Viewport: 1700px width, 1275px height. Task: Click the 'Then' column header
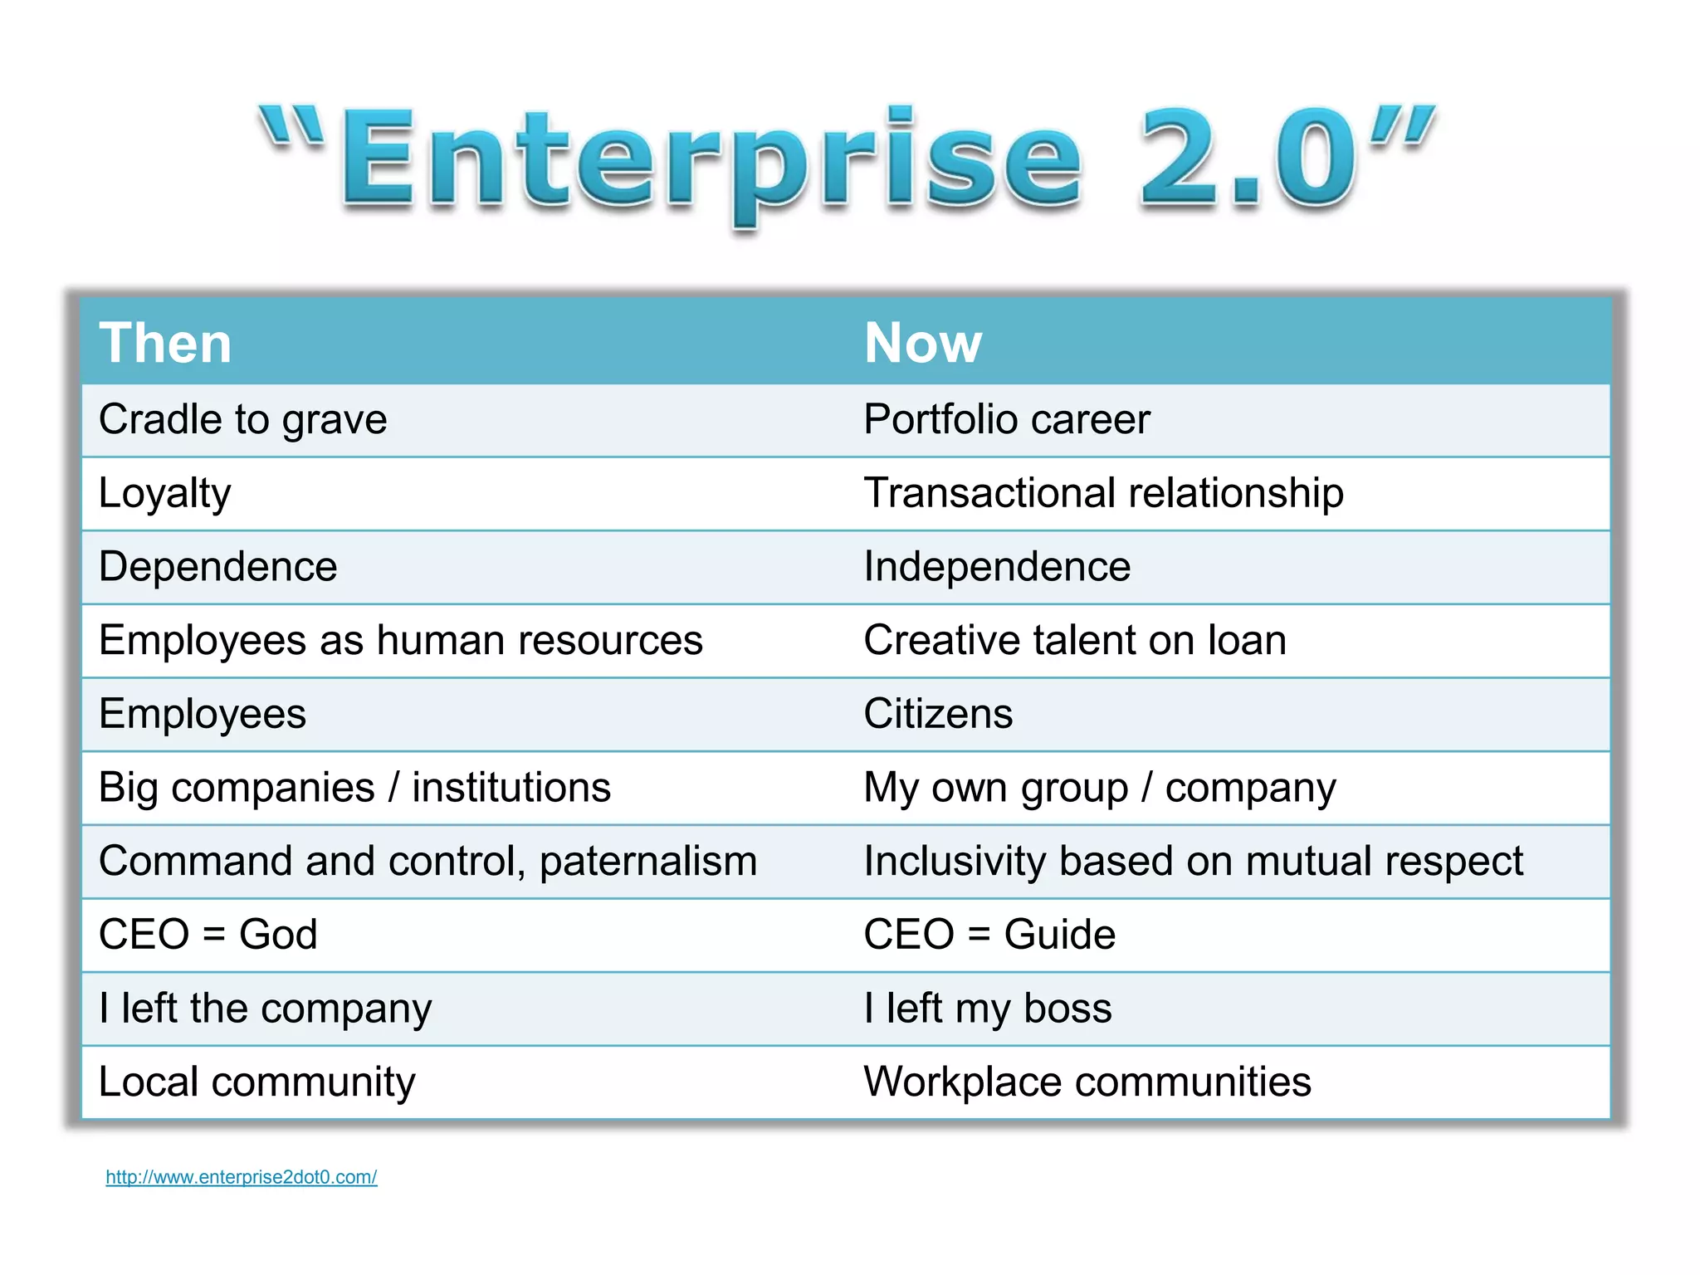[165, 343]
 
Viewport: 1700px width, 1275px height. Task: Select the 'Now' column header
[922, 343]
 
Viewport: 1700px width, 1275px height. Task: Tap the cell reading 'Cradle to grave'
[242, 419]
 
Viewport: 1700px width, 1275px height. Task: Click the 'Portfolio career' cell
[1006, 419]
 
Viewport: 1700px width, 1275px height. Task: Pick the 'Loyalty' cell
[164, 493]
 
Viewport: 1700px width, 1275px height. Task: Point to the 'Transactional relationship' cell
[1103, 493]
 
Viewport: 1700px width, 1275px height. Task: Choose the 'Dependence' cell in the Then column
[217, 567]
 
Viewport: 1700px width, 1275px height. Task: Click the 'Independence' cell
[996, 567]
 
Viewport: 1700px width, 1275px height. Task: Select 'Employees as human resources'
[400, 641]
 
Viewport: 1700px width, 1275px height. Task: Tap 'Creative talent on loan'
[1074, 641]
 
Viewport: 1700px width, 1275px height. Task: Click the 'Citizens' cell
[938, 714]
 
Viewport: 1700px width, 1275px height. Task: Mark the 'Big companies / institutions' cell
[354, 788]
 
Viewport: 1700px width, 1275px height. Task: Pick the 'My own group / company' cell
[1099, 788]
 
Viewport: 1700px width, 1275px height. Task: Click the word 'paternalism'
[647, 862]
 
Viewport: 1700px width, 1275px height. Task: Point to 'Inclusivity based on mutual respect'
[1193, 862]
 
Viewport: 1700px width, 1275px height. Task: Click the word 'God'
[278, 935]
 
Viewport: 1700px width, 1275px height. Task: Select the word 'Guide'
[1059, 935]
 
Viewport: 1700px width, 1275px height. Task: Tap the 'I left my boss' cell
[987, 1009]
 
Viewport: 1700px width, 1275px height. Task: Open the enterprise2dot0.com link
[242, 1177]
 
